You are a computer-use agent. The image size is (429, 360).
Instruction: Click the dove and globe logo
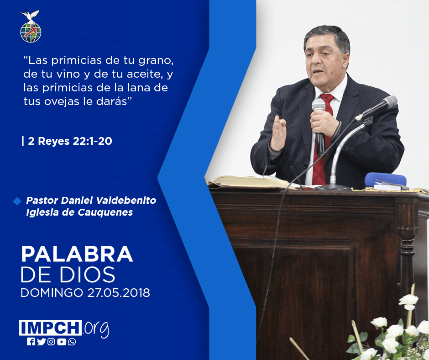(31, 26)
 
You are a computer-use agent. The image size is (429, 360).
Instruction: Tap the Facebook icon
(31, 342)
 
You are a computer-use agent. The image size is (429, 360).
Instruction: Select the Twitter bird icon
(41, 342)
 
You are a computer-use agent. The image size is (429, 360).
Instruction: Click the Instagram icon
(51, 342)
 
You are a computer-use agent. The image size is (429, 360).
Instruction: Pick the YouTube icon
(62, 342)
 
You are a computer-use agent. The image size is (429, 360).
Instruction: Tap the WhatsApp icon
(72, 342)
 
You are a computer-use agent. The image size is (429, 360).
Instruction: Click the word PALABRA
(77, 254)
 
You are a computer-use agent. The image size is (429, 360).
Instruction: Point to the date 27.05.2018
(119, 292)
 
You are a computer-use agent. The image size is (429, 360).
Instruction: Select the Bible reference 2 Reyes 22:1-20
(70, 141)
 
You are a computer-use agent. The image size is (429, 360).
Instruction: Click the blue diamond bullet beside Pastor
(17, 201)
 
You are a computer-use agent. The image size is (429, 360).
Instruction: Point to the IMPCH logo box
(50, 328)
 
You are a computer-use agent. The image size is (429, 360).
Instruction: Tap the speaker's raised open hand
(278, 133)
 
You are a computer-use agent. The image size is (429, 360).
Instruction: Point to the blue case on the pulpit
(386, 180)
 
